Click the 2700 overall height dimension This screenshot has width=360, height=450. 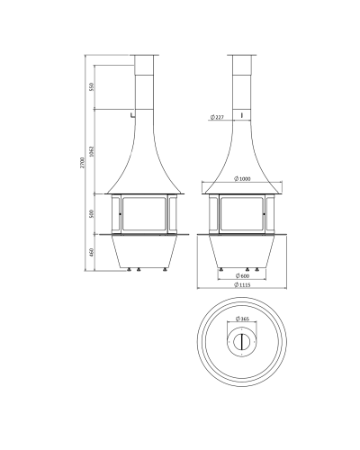(x=83, y=162)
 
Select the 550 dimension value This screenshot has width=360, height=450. (x=92, y=86)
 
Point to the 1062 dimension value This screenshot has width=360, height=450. (x=92, y=152)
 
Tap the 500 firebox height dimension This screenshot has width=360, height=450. (x=92, y=214)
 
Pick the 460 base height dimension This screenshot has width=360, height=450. (x=92, y=252)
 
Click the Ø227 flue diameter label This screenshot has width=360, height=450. (x=217, y=117)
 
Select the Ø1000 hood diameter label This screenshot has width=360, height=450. (x=242, y=179)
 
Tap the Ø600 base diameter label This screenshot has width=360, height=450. (x=243, y=275)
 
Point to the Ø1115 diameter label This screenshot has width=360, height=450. (x=242, y=284)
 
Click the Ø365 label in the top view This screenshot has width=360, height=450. (x=242, y=319)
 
